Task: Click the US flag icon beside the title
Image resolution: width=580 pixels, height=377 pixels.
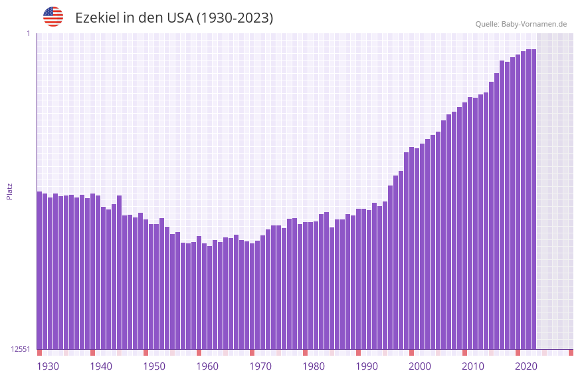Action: pyautogui.click(x=53, y=17)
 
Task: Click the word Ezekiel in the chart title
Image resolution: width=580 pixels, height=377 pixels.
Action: pyautogui.click(x=98, y=18)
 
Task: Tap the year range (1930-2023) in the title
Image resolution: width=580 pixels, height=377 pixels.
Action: pyautogui.click(x=235, y=18)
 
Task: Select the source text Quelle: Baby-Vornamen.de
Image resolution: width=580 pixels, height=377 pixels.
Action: pyautogui.click(x=521, y=24)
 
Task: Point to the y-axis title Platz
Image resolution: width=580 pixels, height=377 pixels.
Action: pyautogui.click(x=9, y=191)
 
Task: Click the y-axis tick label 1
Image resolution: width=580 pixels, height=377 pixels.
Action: pyautogui.click(x=28, y=33)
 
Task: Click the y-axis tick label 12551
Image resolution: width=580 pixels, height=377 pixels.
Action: pyautogui.click(x=21, y=349)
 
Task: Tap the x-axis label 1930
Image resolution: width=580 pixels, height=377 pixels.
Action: pyautogui.click(x=48, y=366)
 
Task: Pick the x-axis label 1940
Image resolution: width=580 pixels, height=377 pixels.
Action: pyautogui.click(x=101, y=366)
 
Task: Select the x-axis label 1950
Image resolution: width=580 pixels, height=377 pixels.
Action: pyautogui.click(x=154, y=366)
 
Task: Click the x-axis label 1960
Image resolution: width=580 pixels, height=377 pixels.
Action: pyautogui.click(x=207, y=366)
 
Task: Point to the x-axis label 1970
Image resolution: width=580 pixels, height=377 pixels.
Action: pyautogui.click(x=260, y=366)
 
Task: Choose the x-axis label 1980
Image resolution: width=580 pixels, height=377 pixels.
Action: pyautogui.click(x=314, y=366)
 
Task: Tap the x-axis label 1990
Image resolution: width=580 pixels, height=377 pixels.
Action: pyautogui.click(x=367, y=366)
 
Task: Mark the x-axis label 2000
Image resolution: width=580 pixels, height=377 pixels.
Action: pyautogui.click(x=420, y=366)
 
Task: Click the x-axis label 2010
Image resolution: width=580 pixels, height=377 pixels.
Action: pyautogui.click(x=473, y=366)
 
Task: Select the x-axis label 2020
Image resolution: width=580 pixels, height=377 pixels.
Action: pyautogui.click(x=526, y=366)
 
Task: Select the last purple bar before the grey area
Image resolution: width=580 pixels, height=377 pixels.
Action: pyautogui.click(x=533, y=199)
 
